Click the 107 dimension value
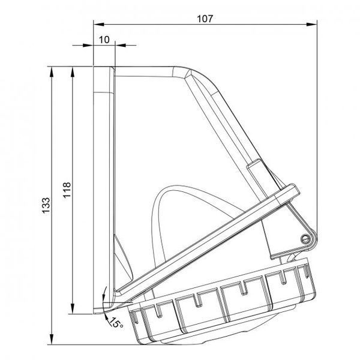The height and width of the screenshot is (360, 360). click(x=205, y=19)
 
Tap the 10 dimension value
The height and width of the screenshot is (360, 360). click(x=104, y=40)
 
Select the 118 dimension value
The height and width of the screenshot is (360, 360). click(x=67, y=190)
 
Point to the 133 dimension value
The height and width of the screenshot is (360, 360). click(x=46, y=205)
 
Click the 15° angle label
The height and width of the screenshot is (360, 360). click(x=116, y=323)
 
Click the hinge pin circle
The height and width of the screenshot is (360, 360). click(x=305, y=239)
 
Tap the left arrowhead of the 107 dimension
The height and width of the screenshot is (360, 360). click(x=99, y=25)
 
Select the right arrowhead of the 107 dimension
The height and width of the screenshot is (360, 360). click(x=312, y=25)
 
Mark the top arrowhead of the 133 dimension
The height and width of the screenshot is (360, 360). click(x=52, y=72)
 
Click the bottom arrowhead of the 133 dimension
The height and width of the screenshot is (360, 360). click(x=52, y=339)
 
